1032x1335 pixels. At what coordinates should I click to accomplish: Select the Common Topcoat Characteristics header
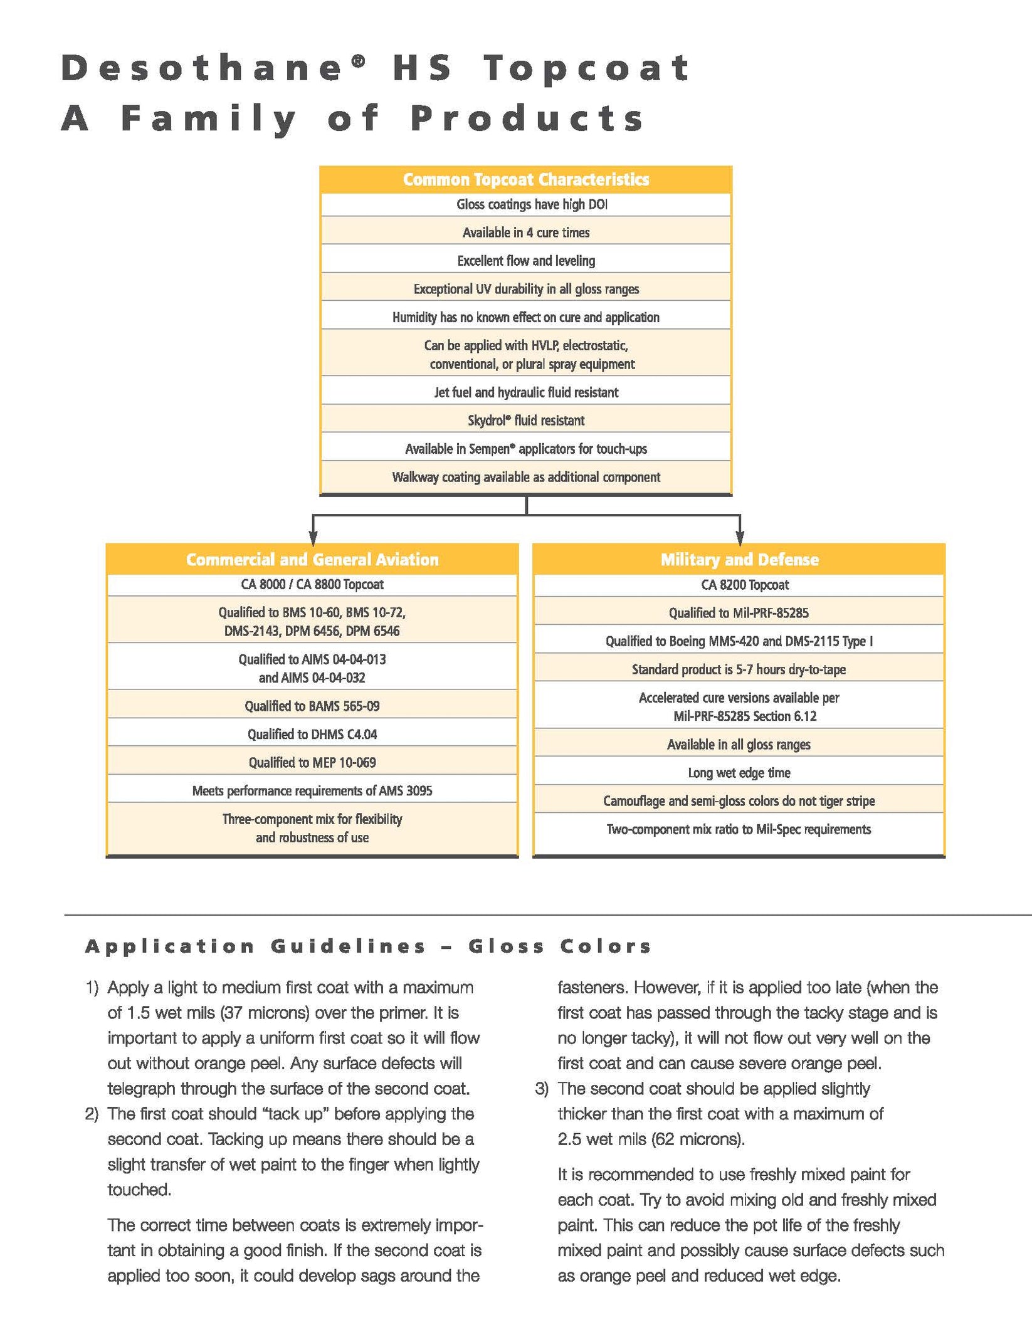click(526, 180)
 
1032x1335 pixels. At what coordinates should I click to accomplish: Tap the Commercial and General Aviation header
click(312, 560)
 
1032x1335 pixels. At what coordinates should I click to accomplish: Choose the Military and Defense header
click(739, 560)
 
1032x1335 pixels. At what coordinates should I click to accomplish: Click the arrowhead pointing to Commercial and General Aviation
click(313, 538)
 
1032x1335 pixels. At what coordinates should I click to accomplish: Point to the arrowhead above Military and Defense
click(740, 538)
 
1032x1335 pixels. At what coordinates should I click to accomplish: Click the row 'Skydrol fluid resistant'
click(526, 421)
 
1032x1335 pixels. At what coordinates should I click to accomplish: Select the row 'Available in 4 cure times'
click(526, 233)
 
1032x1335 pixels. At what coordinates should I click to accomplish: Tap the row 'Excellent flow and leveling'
click(526, 261)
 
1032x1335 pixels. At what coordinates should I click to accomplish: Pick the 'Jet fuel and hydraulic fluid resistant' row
click(526, 392)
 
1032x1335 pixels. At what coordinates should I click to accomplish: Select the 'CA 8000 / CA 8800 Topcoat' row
click(312, 584)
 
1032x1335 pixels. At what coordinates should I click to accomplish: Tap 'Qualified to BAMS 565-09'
click(312, 706)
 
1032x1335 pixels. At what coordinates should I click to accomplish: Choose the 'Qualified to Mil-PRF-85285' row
click(739, 613)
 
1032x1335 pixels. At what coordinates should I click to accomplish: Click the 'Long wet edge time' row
click(739, 773)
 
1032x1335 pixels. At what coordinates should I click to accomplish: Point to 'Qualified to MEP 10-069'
click(312, 763)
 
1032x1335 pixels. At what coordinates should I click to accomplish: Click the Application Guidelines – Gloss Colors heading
click(368, 946)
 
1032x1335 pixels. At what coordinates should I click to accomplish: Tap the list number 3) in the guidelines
click(541, 1089)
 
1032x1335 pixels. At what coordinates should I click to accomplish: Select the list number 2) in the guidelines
click(92, 1114)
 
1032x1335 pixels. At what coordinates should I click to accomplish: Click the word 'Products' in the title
click(527, 118)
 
